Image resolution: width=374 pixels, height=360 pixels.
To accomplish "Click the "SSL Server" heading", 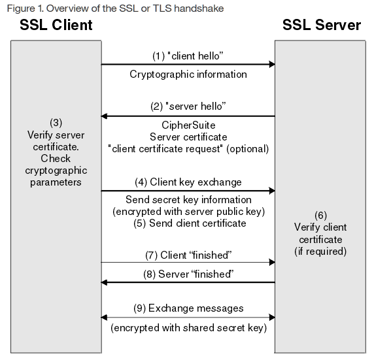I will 321,25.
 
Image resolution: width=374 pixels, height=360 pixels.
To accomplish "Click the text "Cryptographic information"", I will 188,74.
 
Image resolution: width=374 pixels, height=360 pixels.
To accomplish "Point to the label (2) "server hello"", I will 188,106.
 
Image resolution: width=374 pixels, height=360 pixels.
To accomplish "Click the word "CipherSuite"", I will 188,125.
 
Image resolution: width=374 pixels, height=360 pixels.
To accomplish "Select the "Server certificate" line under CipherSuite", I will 188,137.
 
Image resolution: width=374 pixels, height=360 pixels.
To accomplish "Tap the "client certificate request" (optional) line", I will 188,148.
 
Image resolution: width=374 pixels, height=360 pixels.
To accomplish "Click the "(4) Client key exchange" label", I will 188,182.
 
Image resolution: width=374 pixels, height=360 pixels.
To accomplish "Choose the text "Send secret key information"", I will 188,200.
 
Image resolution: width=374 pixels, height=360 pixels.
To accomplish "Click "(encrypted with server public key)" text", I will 188,212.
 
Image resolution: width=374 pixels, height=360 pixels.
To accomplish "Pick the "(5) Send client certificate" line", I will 188,223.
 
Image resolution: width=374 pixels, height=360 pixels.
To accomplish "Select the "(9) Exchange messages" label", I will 188,308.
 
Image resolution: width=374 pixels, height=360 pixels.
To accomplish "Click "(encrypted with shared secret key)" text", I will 188,328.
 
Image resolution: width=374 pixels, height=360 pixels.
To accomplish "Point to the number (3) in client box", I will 56,123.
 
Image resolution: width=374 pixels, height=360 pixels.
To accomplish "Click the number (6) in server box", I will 320,215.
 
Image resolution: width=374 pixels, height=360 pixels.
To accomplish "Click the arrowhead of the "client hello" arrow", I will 270,65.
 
